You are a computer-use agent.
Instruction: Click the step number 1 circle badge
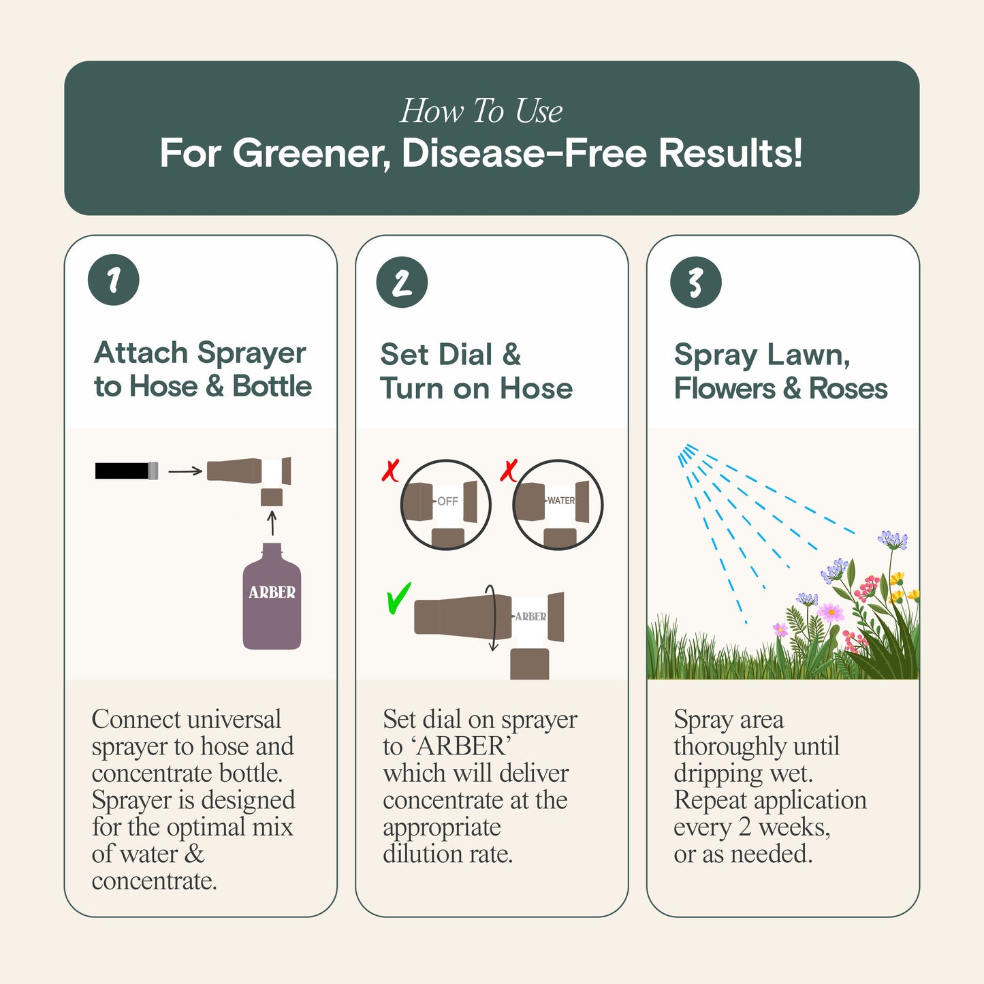point(114,280)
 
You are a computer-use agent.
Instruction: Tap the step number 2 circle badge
point(402,282)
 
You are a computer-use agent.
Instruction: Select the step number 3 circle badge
point(695,282)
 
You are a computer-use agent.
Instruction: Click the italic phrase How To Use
point(481,111)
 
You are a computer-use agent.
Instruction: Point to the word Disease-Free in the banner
point(524,153)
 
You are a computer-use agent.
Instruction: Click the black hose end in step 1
point(126,471)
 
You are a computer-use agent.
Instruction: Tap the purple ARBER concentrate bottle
point(272,597)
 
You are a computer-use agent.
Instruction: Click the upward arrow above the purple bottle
point(272,523)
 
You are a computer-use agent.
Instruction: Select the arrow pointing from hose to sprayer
point(185,471)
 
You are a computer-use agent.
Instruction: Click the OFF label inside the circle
point(447,501)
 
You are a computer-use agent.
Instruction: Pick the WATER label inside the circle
point(561,501)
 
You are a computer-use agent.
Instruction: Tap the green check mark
point(398,599)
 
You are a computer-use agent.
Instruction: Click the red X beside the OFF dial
point(390,471)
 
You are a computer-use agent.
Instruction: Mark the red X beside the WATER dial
point(509,470)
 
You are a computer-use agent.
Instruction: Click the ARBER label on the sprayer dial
point(530,616)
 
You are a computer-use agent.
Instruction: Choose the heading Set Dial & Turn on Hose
point(476,371)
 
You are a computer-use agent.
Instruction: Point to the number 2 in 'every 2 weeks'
point(745,827)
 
